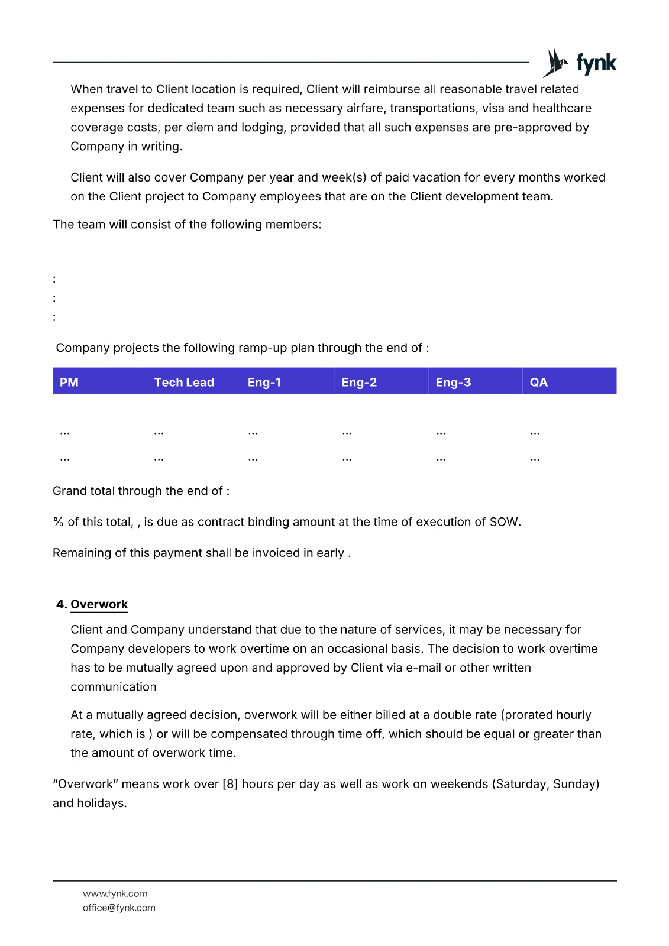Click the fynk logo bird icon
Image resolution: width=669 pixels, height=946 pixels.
coord(556,63)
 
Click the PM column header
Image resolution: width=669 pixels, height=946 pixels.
coord(69,382)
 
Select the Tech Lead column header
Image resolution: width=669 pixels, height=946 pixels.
coord(184,382)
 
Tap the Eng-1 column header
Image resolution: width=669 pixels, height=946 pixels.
coord(264,382)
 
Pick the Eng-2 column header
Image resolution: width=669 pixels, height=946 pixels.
coord(359,382)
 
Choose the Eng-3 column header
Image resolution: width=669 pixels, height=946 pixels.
coord(453,382)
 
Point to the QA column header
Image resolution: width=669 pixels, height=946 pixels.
coord(539,382)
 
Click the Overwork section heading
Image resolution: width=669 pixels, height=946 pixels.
coord(99,604)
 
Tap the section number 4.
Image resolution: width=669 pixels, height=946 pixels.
coord(61,604)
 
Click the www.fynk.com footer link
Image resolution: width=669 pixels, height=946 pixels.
coord(115,893)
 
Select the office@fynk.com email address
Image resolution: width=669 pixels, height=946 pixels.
coord(119,908)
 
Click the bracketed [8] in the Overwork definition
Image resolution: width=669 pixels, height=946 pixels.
coord(230,784)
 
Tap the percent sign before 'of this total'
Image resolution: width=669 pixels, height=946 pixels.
coord(58,522)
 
